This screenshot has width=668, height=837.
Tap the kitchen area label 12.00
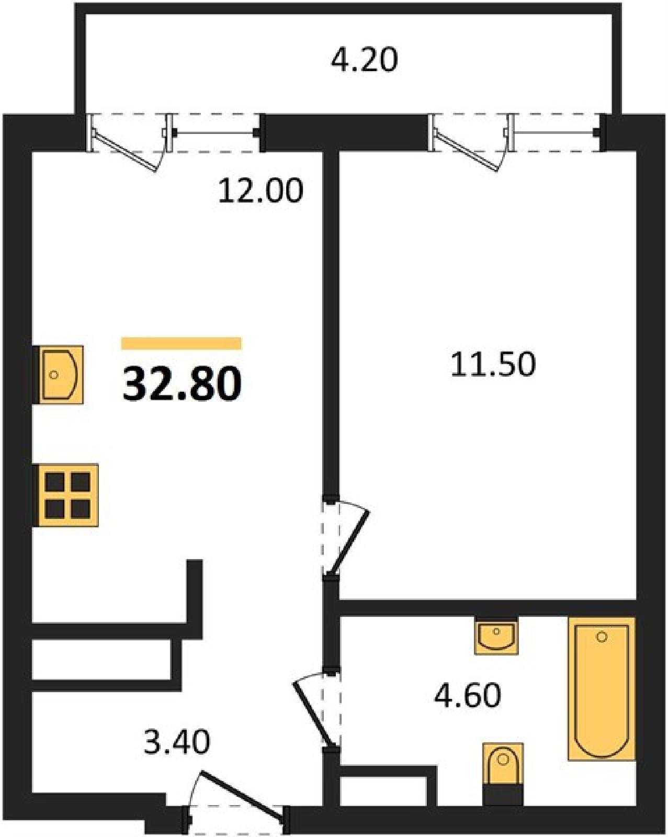pos(261,191)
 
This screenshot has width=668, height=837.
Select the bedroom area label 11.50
pos(493,364)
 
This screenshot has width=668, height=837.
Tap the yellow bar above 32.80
pos(182,344)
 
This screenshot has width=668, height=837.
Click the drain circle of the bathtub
pos(602,637)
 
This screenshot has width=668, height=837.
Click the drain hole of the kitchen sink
pos(54,375)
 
